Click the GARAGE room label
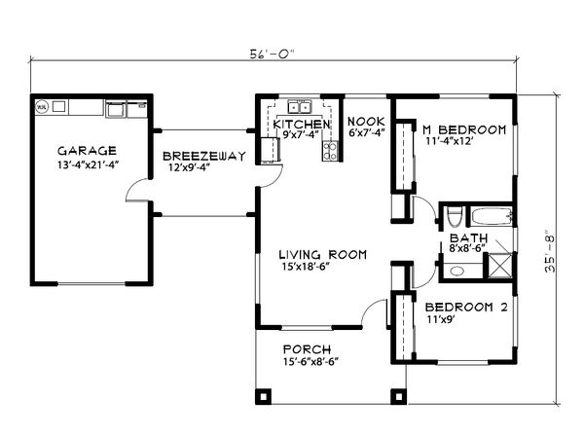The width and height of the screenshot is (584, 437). (x=87, y=151)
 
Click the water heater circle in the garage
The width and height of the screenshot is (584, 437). (x=42, y=107)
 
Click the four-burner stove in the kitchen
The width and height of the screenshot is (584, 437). (x=331, y=150)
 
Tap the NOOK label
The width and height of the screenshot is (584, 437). (x=366, y=121)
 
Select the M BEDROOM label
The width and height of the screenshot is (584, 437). (x=463, y=129)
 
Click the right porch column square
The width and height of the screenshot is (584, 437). (x=397, y=397)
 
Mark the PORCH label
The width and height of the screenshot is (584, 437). (x=307, y=349)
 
